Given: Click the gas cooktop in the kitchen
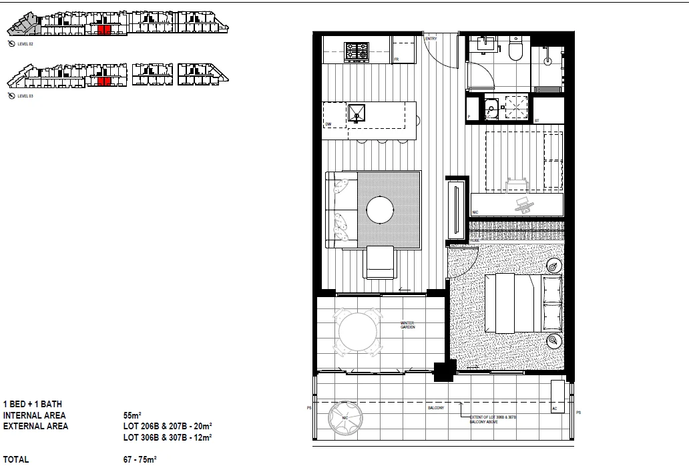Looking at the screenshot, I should point(356,51).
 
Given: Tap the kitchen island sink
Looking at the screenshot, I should point(358,114).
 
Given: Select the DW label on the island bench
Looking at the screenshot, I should point(328,125).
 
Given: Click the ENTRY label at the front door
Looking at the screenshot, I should point(431,39).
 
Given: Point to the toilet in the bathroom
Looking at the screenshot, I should point(515,49).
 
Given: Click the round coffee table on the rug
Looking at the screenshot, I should point(381,210).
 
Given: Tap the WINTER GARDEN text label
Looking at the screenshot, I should point(409,325).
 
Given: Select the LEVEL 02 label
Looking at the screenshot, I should point(25,43).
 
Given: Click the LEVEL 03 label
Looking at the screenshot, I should point(25,96).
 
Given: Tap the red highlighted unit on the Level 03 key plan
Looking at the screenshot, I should point(103,81).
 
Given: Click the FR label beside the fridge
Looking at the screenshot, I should point(396,59).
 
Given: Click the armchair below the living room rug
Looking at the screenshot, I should point(381,262).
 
